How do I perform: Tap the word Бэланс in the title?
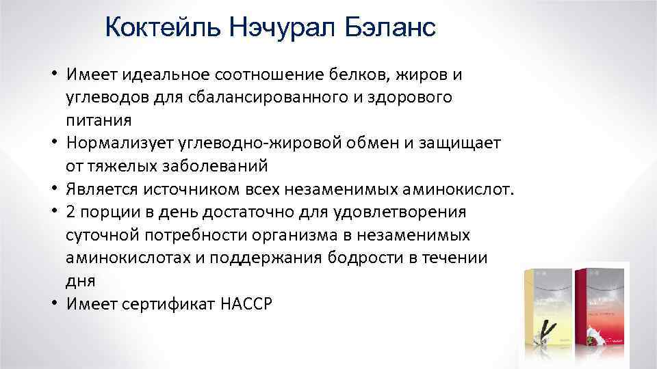click(x=390, y=29)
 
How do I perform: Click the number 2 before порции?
click(x=71, y=213)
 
